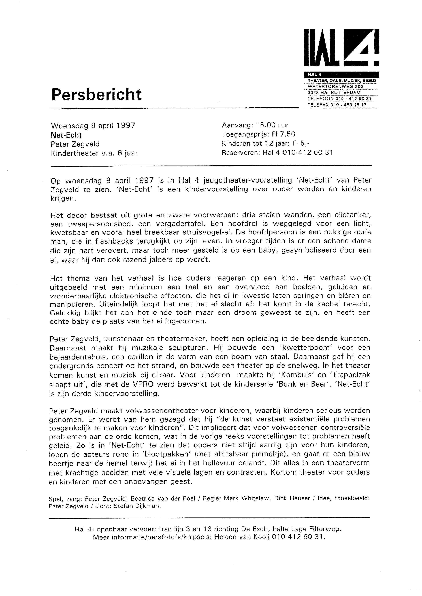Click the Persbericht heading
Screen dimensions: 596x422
(96, 94)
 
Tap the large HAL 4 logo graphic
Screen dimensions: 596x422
(341, 48)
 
